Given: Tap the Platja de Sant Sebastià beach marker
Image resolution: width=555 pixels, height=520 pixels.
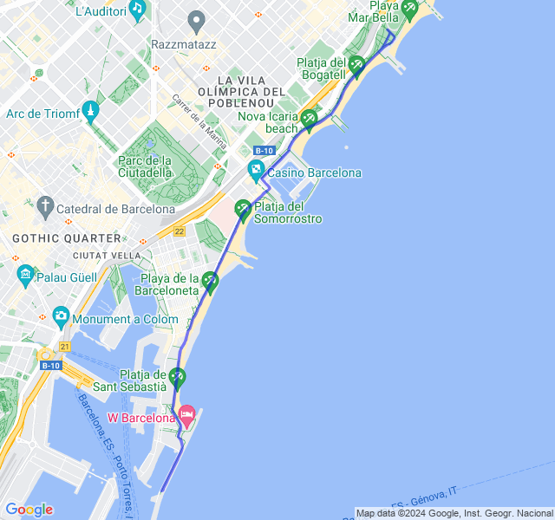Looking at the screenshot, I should point(178,377).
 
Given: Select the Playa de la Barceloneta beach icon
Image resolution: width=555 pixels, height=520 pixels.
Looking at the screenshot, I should point(210,281).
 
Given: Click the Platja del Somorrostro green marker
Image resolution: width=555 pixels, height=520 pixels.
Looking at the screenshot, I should point(243,208).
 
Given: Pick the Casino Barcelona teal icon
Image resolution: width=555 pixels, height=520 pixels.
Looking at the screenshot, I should point(256,172).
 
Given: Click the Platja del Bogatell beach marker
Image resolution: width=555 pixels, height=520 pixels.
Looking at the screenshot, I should point(356,63).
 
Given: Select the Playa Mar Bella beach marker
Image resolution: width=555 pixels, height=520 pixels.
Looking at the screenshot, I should point(408,8).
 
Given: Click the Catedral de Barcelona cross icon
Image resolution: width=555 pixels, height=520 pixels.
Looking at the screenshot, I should point(46,208).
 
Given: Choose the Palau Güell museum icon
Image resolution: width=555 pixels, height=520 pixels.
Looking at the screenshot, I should point(25,276).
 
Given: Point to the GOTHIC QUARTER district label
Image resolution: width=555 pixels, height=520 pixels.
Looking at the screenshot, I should point(67,237).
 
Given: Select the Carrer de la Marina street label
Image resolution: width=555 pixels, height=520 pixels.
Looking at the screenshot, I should point(199,121).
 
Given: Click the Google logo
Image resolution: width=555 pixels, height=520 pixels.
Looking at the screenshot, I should point(29,510).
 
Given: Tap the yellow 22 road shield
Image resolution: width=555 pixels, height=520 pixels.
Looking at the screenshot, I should point(180,231).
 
